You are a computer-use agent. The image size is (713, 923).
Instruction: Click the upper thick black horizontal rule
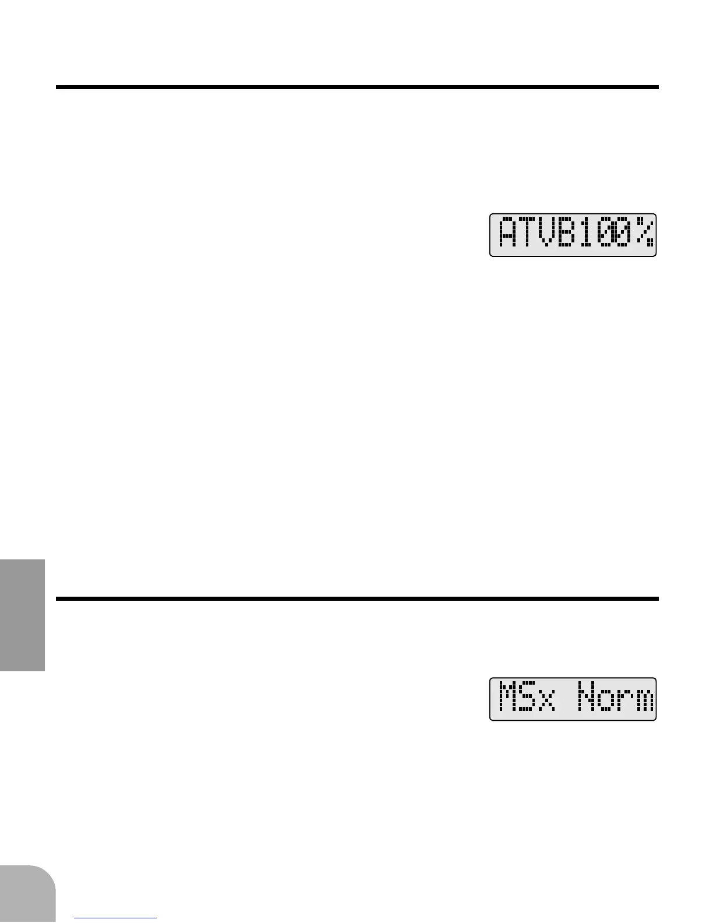pyautogui.click(x=356, y=87)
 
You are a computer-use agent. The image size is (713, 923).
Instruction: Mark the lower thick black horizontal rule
pyautogui.click(x=356, y=598)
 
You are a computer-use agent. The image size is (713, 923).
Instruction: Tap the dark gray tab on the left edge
pyautogui.click(x=22, y=615)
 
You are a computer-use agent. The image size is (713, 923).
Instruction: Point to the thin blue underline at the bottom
pyautogui.click(x=116, y=918)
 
